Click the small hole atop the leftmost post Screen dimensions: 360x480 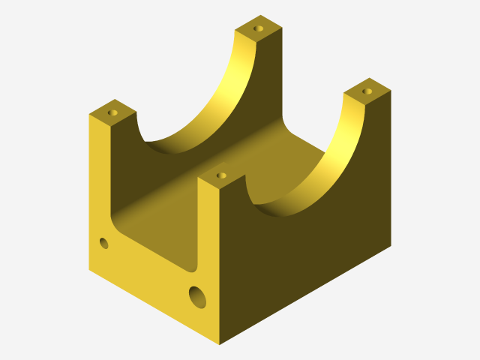tap(113, 112)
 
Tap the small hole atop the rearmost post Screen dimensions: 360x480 tap(259, 28)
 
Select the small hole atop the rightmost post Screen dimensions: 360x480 tap(367, 91)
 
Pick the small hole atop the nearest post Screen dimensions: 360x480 tap(220, 175)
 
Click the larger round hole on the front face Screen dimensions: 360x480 tap(198, 297)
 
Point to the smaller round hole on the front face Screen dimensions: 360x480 tap(103, 243)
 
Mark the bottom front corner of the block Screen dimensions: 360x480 tap(220, 344)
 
